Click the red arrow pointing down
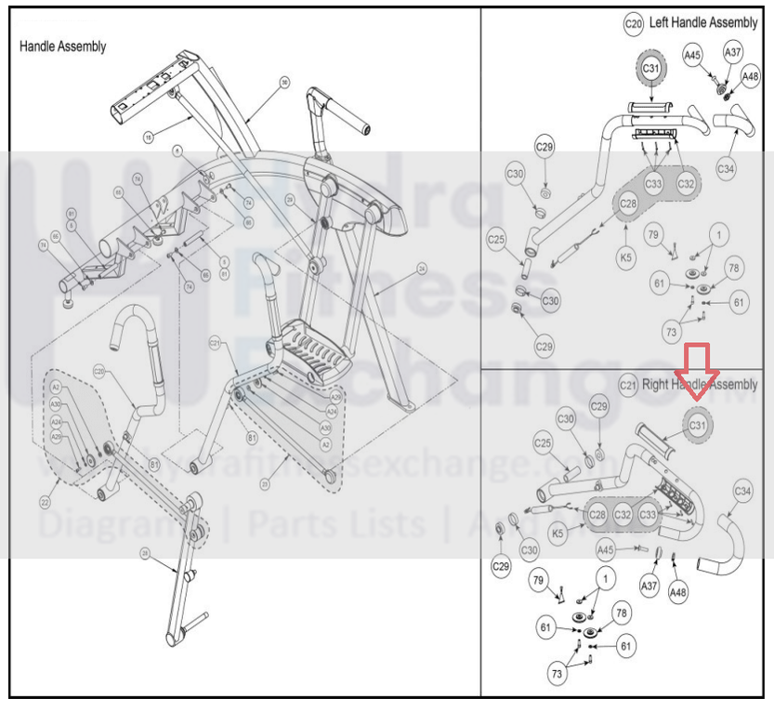click(x=697, y=366)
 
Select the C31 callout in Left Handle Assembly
click(x=651, y=69)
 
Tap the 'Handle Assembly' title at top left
click(x=63, y=46)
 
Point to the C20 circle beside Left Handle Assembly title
click(x=634, y=23)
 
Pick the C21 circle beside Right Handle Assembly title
click(x=628, y=385)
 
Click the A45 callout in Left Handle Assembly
click(x=692, y=56)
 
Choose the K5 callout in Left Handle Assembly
click(x=626, y=257)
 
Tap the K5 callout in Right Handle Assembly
click(x=558, y=533)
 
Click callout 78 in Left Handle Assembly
click(x=735, y=269)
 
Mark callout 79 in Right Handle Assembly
click(x=537, y=582)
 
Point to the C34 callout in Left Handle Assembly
click(x=726, y=168)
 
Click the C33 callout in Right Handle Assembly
click(x=649, y=514)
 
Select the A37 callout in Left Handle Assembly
click(x=733, y=53)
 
